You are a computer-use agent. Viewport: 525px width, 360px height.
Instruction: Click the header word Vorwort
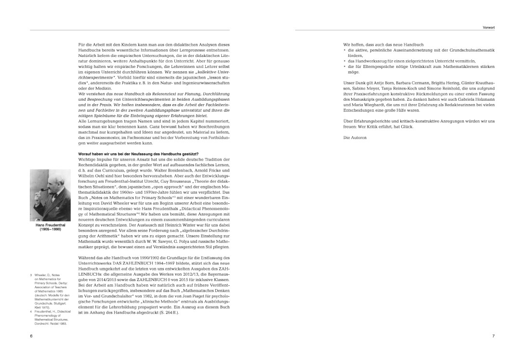tap(489, 27)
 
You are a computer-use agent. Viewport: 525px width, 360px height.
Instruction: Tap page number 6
tap(31, 335)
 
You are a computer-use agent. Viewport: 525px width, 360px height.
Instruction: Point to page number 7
tap(493, 335)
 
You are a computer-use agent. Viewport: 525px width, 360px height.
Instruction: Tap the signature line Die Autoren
tap(355, 138)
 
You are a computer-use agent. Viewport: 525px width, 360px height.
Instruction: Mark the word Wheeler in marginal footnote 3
tap(41, 275)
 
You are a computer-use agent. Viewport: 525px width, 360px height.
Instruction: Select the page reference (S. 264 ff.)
tap(166, 313)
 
